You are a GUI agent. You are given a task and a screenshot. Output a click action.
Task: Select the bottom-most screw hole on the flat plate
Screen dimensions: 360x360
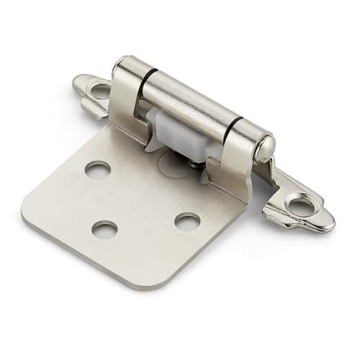tap(105, 229)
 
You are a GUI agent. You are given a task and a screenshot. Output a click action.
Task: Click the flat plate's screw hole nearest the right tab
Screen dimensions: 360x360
tap(187, 221)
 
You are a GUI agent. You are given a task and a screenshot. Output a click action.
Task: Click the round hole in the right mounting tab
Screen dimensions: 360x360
tap(296, 207)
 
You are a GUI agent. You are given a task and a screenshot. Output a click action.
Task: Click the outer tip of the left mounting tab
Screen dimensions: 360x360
tap(76, 84)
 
